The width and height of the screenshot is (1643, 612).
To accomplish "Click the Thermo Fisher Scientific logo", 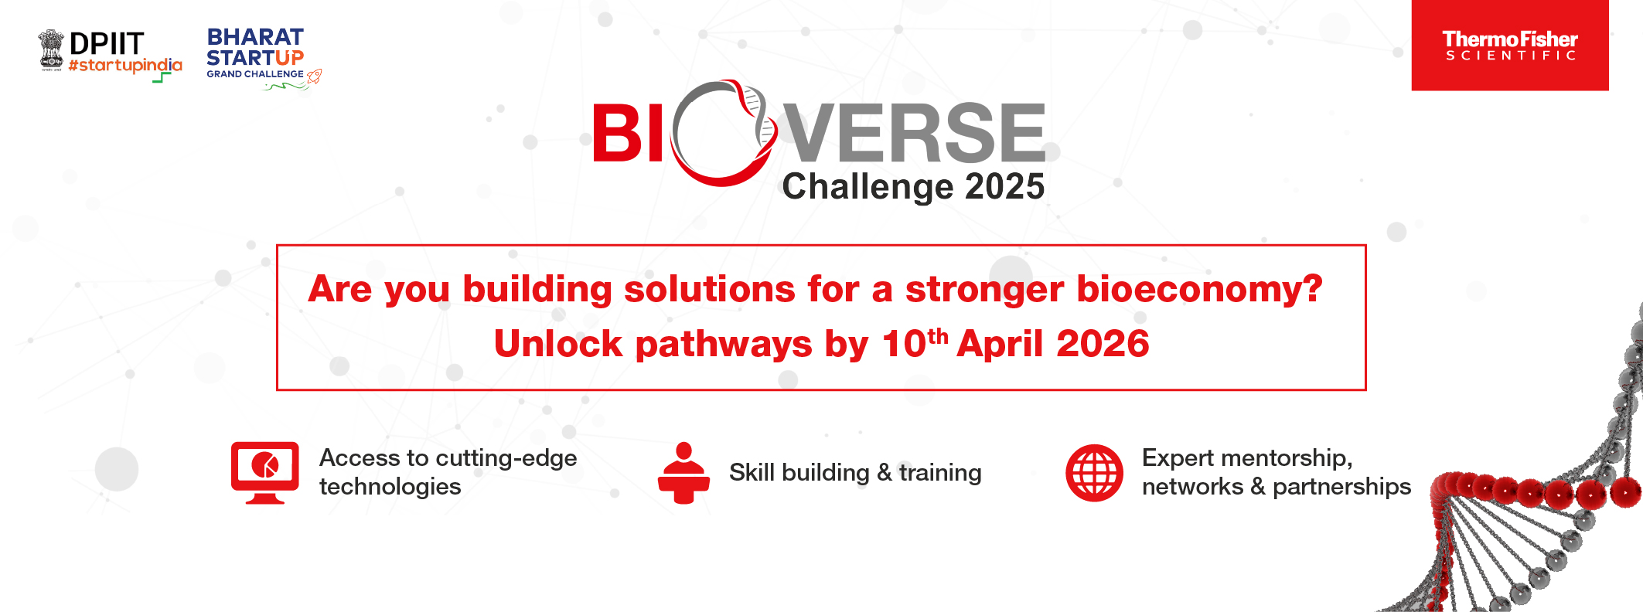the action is point(1509,45).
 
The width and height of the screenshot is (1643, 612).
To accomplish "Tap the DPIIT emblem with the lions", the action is point(52,50).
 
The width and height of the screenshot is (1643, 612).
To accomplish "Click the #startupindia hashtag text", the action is point(125,66).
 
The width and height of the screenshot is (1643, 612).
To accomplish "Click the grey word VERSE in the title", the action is point(915,132).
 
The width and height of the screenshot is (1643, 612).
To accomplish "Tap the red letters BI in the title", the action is point(628,133).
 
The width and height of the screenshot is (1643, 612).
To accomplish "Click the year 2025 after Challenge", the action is point(1004,187).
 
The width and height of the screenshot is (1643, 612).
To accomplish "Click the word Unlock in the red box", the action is point(558,344).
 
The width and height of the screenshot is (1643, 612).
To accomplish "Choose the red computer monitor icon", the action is point(265,472).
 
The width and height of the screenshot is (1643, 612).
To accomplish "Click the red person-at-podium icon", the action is point(683,472).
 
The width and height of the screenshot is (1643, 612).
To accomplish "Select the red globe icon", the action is point(1094,472).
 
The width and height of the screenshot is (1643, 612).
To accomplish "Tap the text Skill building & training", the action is point(855,472).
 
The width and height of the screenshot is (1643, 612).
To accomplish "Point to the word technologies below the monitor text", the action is point(390,488).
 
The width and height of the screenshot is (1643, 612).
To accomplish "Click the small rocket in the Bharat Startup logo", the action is point(314,76).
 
